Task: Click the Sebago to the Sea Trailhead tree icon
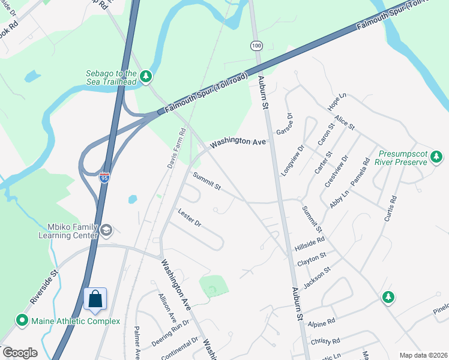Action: point(146,76)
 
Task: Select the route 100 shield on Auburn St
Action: point(256,46)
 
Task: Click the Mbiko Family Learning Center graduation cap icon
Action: point(106,230)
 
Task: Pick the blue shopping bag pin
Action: point(95,299)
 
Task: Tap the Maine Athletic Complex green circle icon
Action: point(22,321)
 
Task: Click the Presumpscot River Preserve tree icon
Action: point(436,157)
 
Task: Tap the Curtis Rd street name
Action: point(391,207)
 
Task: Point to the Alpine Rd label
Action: point(321,323)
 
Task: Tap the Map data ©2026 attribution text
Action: point(423,355)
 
